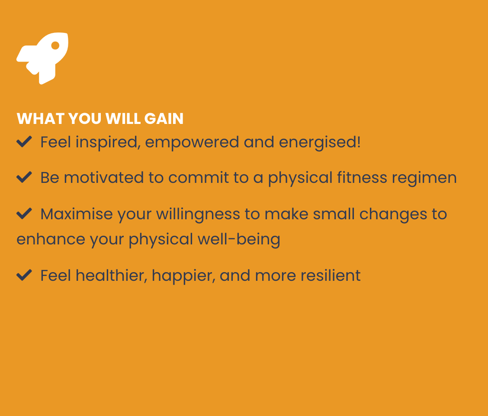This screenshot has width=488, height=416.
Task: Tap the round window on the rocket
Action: click(55, 45)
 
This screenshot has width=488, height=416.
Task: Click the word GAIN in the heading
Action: click(164, 119)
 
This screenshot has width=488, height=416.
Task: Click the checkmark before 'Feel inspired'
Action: click(24, 142)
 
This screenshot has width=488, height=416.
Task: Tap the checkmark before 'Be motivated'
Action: click(24, 177)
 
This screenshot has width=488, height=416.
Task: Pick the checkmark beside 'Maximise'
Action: click(24, 214)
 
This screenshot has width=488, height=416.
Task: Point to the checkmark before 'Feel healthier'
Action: click(24, 275)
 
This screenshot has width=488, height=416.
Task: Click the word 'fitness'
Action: click(362, 177)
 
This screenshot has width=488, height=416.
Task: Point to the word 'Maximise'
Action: click(77, 214)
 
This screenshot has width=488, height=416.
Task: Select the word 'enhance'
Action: click(51, 239)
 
